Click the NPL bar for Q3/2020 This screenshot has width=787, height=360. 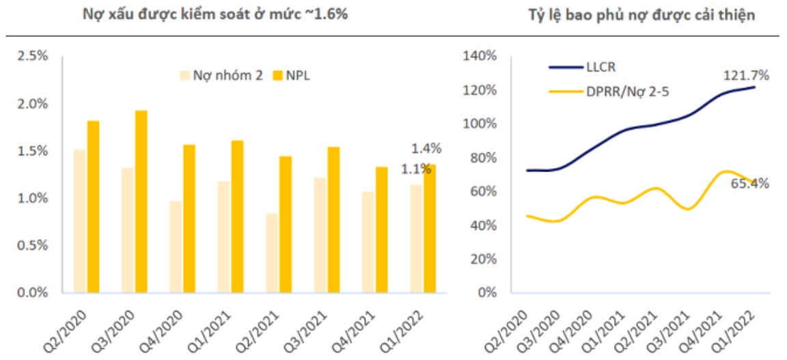pos(141,202)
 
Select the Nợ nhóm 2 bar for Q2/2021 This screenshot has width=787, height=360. pos(272,253)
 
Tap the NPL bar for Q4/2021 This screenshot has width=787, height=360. pos(381,230)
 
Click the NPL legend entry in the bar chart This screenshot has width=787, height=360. pos(290,75)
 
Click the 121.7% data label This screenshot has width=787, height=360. pos(746,75)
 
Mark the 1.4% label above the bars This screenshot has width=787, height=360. pos(426,148)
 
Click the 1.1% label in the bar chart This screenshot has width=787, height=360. pos(416,168)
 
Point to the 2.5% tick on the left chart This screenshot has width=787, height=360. pos(33,57)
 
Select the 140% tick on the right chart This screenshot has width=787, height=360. pos(480,57)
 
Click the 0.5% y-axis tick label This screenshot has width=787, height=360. pos(33,245)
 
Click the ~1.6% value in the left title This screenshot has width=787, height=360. pos(327,14)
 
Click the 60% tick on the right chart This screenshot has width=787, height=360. pos(482,191)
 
